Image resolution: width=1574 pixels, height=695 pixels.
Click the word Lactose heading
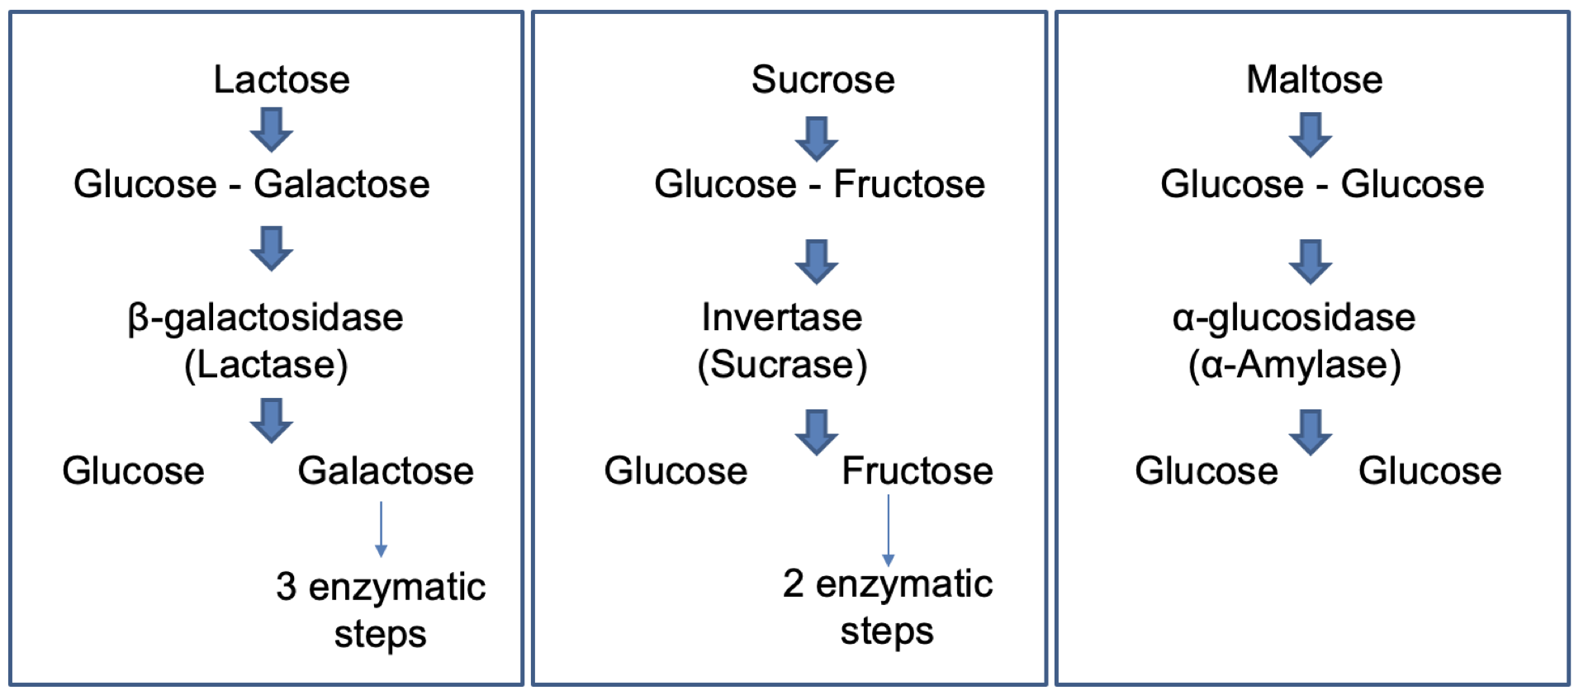point(282,80)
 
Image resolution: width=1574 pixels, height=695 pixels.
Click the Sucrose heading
point(823,80)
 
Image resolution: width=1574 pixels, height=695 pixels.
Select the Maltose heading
point(1314,80)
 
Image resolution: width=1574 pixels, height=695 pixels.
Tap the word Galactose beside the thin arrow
point(386,471)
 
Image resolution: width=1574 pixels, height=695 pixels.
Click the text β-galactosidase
point(265,318)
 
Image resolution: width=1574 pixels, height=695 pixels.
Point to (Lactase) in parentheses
point(266,365)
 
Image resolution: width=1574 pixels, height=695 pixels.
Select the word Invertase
point(782,318)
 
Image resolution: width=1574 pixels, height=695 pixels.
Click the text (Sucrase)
point(782,365)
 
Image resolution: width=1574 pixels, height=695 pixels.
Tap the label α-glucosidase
point(1293,318)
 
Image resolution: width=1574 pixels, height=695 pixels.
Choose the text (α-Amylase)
point(1294,365)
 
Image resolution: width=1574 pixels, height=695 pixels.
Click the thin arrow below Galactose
point(381,528)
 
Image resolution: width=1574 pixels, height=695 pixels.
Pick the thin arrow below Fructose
point(888,530)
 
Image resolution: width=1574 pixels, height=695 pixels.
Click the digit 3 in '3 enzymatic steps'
point(286,587)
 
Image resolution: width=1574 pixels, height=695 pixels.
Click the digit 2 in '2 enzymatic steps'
point(793,584)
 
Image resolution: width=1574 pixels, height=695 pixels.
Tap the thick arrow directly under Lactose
point(272,130)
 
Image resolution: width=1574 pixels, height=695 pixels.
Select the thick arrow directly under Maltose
point(1311,135)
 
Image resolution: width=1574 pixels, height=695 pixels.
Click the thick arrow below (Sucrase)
point(817,432)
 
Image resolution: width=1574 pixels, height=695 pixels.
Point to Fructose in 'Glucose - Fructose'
point(908,184)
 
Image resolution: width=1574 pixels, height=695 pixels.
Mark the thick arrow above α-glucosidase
point(1311,262)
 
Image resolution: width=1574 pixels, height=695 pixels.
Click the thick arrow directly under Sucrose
point(817,139)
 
